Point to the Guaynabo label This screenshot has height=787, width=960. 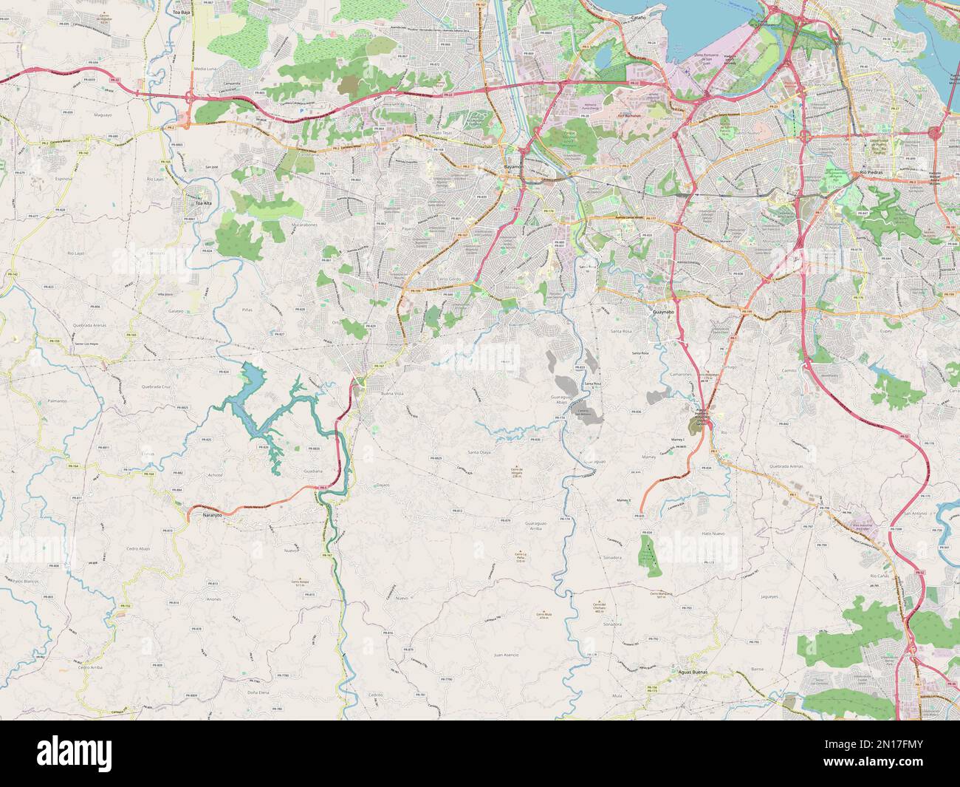click(x=664, y=313)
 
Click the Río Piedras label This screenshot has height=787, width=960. click(x=872, y=172)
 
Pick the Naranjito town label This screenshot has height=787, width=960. click(x=212, y=516)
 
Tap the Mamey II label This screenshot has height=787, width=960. click(x=625, y=500)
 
